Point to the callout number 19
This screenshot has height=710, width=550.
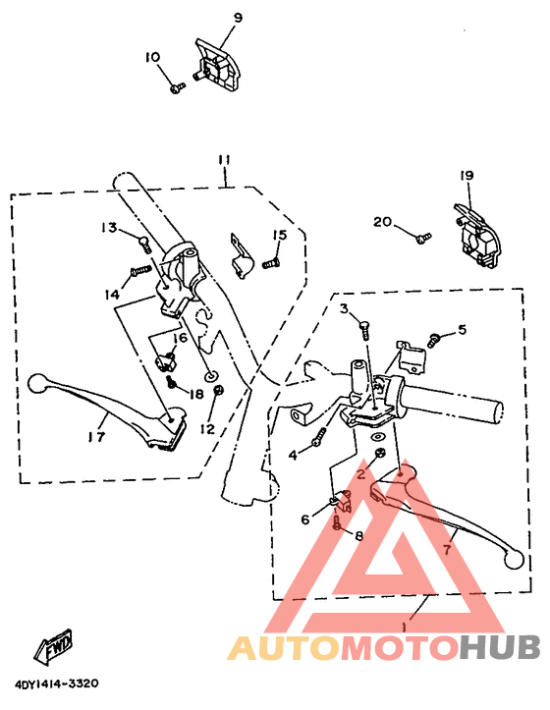(466, 176)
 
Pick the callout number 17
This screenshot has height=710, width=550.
(96, 437)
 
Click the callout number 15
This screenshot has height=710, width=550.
(280, 235)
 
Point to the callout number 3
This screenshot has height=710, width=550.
(345, 309)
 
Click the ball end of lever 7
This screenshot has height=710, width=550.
(510, 559)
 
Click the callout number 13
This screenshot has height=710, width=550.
(108, 227)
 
